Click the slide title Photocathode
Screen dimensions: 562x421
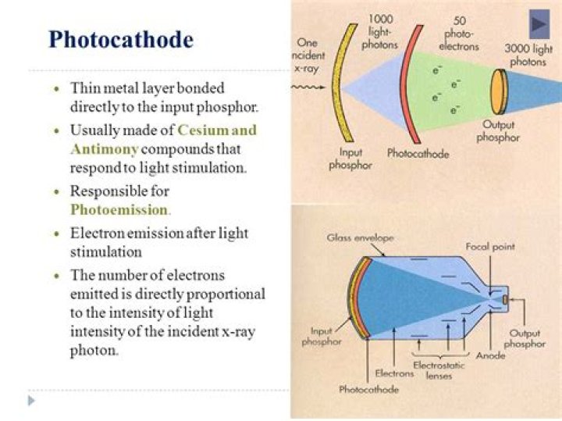[x=121, y=40]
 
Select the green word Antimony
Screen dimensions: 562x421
[x=105, y=149]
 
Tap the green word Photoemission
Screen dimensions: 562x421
[x=119, y=209]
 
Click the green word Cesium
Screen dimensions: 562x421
[x=202, y=130]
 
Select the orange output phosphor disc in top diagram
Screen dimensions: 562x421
[x=499, y=91]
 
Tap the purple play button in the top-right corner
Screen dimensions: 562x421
[x=539, y=24]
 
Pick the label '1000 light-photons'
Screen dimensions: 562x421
[x=380, y=32]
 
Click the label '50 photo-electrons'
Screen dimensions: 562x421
[x=459, y=34]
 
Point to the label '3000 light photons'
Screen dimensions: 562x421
[x=528, y=55]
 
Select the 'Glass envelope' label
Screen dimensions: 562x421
[x=360, y=237]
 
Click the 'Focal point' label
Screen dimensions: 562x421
[x=490, y=247]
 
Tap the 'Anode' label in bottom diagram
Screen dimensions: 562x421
[x=491, y=355]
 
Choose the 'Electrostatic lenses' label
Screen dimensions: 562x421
[x=439, y=370]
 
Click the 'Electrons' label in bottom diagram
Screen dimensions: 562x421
[x=394, y=373]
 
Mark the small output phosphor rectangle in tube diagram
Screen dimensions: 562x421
[x=505, y=300]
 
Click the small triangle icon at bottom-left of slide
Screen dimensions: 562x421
[x=31, y=401]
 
